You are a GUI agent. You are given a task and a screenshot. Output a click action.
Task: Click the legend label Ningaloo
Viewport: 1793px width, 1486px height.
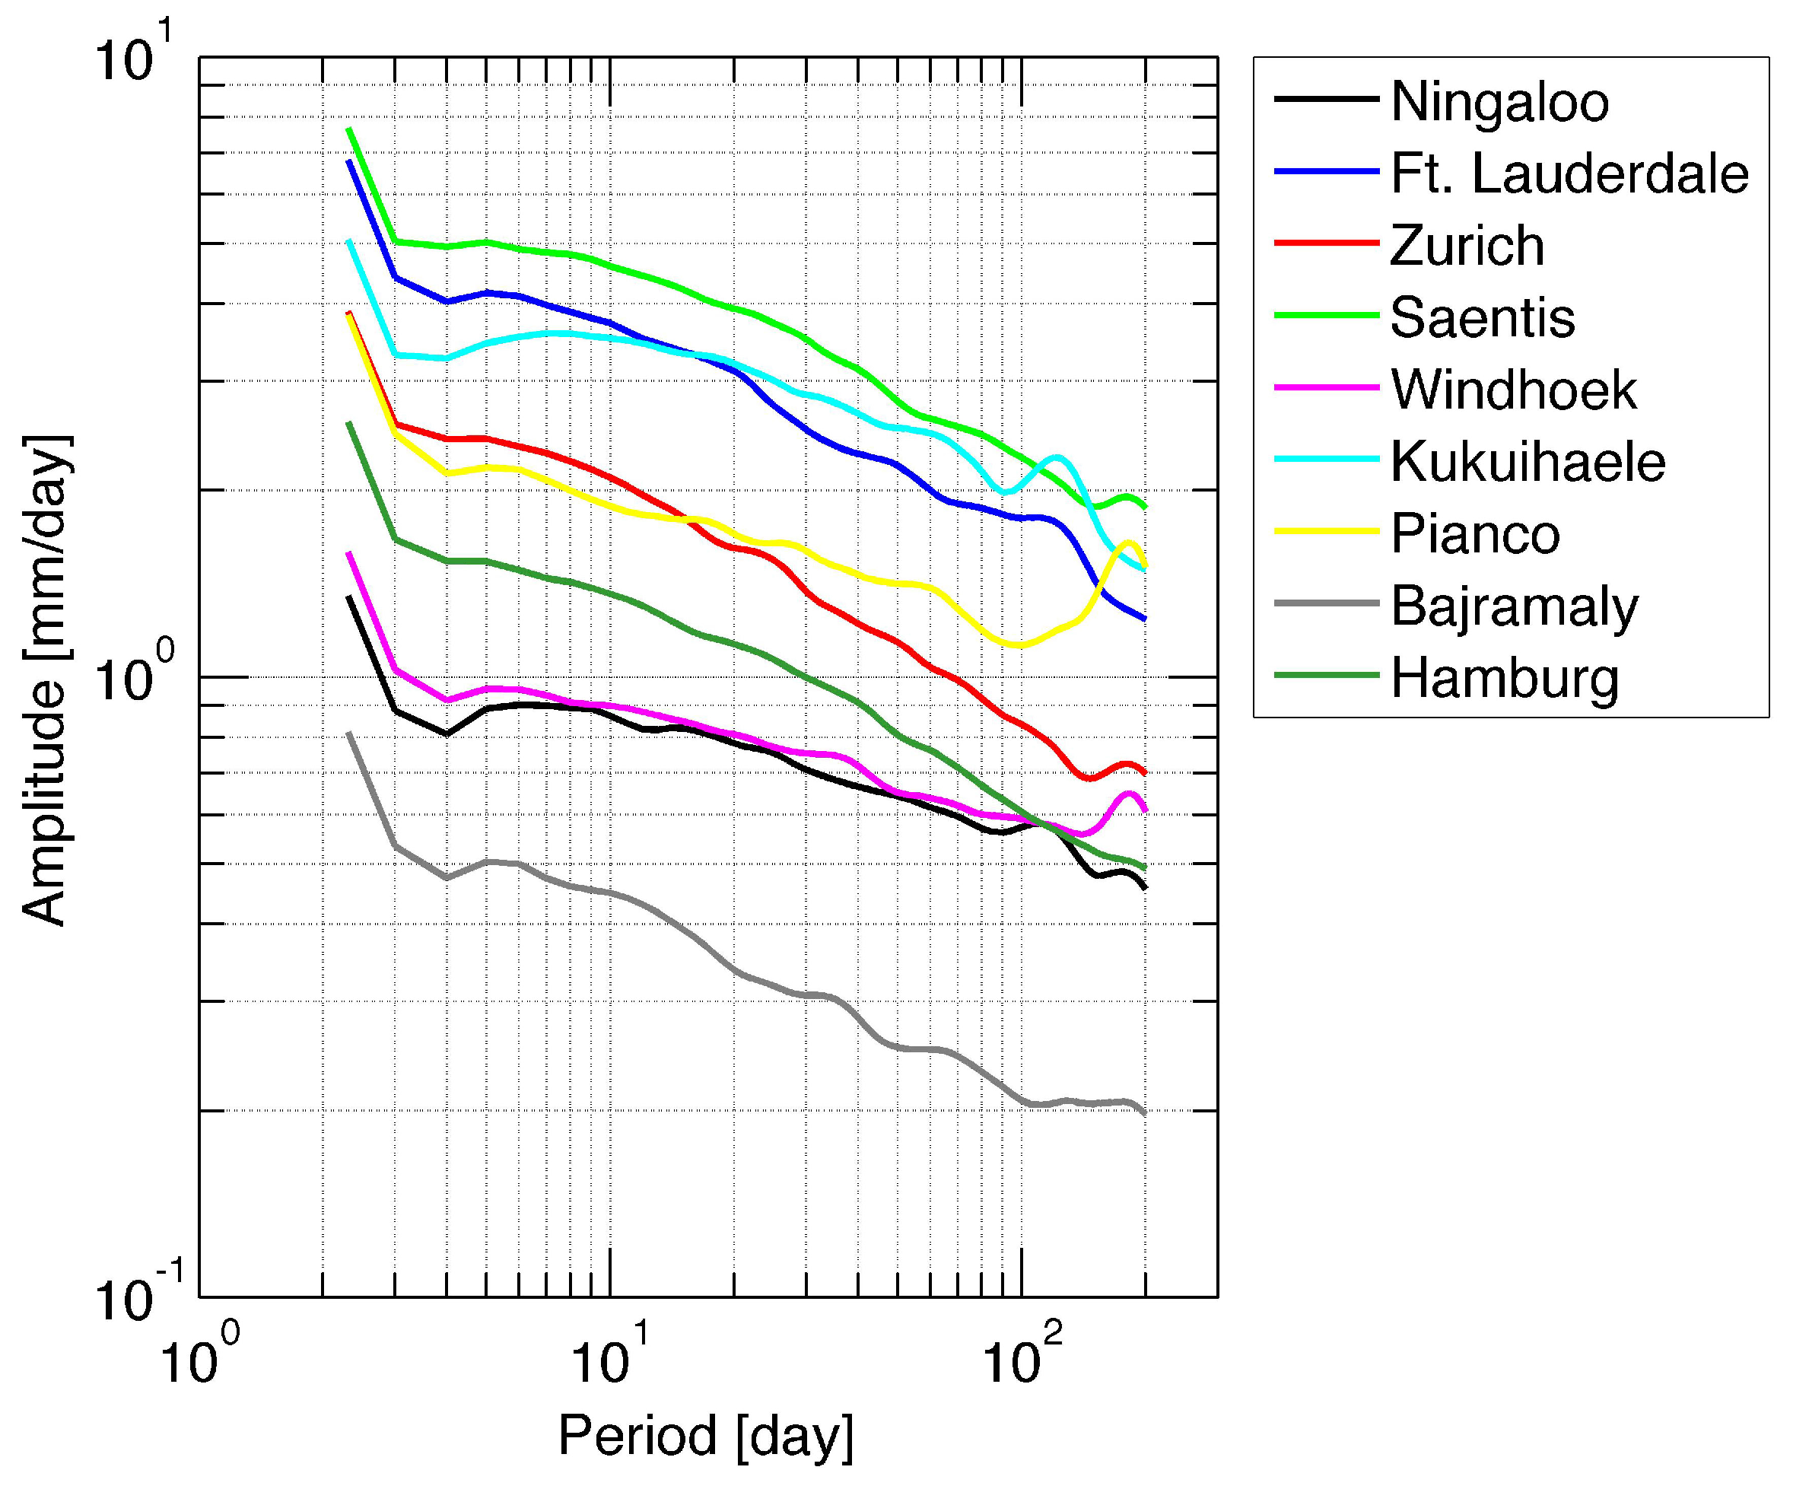click(x=1499, y=102)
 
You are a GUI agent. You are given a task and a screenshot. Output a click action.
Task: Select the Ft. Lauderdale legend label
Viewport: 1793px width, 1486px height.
click(x=1569, y=173)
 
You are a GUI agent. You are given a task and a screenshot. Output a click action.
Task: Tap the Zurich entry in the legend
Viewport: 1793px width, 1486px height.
click(x=1467, y=246)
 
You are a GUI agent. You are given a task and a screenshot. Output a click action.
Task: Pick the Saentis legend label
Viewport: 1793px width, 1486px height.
click(x=1482, y=318)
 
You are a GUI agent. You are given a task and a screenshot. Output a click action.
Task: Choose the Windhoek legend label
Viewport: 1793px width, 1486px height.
click(x=1513, y=390)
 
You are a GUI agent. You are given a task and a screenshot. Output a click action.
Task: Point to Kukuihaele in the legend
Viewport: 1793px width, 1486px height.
click(x=1528, y=462)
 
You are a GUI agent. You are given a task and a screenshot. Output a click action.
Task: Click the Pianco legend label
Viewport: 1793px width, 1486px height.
click(x=1474, y=535)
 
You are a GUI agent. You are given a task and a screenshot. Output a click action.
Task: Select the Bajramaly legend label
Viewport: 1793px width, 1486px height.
click(x=1515, y=607)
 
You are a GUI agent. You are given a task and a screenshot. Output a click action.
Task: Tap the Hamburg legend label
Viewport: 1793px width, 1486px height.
click(x=1505, y=679)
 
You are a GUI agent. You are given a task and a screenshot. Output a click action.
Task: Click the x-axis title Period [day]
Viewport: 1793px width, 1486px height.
click(x=705, y=1436)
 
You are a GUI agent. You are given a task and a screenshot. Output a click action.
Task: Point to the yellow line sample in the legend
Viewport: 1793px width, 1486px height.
click(x=1326, y=531)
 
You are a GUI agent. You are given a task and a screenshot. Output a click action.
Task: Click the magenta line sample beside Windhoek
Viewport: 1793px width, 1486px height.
click(x=1326, y=387)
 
